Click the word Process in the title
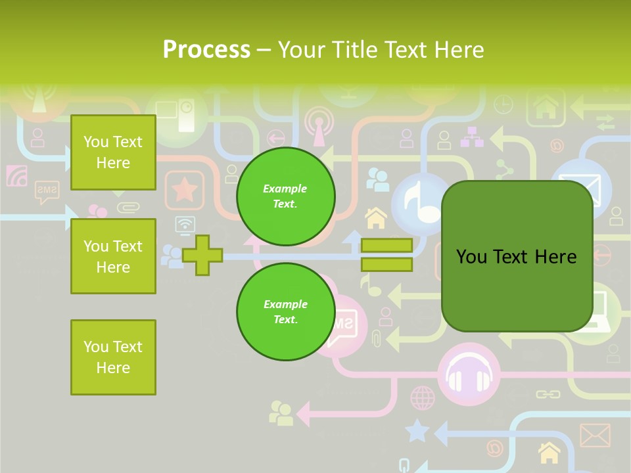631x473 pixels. click(206, 49)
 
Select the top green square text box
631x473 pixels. click(113, 152)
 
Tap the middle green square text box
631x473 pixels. click(113, 256)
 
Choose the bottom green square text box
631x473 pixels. click(113, 357)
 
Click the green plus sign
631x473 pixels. click(202, 256)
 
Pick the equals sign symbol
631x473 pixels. click(386, 255)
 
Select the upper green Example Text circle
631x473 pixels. click(286, 196)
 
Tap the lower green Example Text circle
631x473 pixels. click(286, 311)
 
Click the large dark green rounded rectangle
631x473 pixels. click(517, 256)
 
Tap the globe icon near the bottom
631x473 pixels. click(423, 397)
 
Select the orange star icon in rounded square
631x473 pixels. click(185, 190)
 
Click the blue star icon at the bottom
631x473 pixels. click(417, 431)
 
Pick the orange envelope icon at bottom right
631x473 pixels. click(595, 436)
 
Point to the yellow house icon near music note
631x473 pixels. click(376, 217)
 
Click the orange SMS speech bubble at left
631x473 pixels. click(47, 191)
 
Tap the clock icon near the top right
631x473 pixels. click(503, 104)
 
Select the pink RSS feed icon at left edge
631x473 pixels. click(17, 176)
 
